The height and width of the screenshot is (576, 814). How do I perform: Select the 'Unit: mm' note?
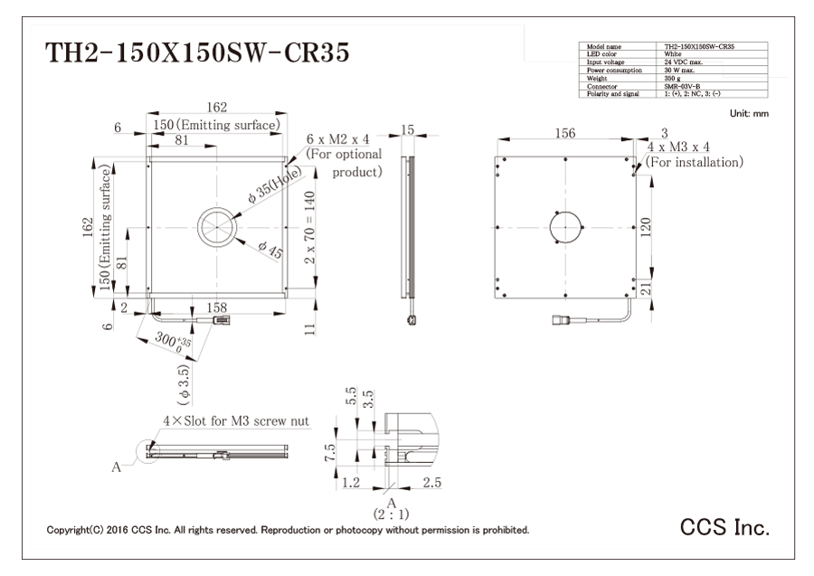747,113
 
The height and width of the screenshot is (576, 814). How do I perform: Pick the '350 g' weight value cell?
674,78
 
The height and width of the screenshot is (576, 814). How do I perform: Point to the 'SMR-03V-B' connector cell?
683,86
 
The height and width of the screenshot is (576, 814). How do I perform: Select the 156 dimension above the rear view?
563,134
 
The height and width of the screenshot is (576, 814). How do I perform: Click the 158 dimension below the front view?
217,308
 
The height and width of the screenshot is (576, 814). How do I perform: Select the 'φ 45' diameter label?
270,250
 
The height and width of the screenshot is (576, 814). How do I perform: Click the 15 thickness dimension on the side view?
408,131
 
